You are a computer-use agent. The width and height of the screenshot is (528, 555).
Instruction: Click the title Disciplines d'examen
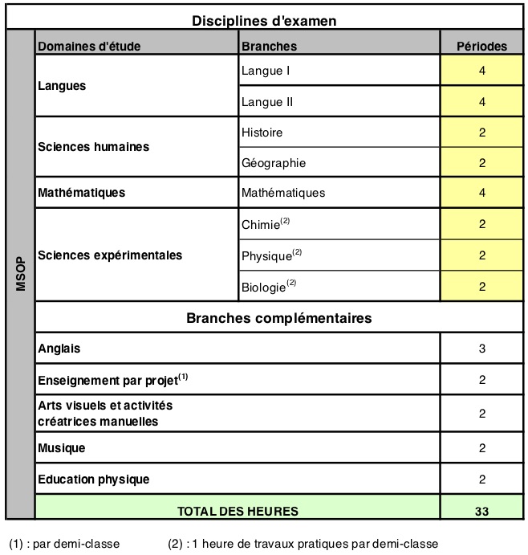tap(263, 20)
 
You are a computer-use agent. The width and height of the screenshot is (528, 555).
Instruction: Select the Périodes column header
tap(481, 46)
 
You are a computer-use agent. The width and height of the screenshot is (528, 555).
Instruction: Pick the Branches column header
tap(269, 46)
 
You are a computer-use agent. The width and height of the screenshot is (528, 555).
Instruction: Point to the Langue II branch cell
tap(267, 102)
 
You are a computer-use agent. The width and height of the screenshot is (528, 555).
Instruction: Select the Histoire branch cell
tap(262, 132)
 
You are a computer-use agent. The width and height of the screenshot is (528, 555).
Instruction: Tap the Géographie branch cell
tap(274, 163)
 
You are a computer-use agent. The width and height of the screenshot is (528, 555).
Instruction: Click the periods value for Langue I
tap(481, 71)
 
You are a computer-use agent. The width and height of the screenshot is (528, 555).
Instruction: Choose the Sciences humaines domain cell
tap(94, 147)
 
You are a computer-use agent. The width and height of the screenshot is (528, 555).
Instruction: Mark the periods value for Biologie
tap(481, 286)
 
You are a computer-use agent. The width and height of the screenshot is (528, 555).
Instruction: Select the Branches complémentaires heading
tap(278, 317)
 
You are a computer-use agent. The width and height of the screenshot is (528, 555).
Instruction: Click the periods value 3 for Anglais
tap(481, 349)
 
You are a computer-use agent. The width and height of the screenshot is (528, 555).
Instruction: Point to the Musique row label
tap(62, 447)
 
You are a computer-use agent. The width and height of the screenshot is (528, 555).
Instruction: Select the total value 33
tap(481, 510)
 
